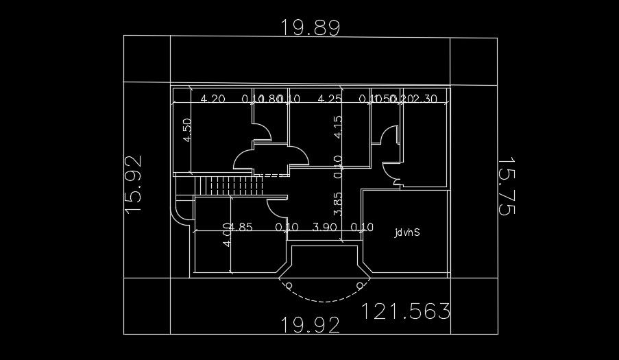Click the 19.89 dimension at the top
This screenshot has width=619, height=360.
point(310,27)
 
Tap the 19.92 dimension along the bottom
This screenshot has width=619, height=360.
point(311,324)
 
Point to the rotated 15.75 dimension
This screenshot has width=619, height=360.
point(505,187)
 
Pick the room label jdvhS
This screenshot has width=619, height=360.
point(406,232)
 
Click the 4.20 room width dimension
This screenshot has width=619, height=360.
point(213,99)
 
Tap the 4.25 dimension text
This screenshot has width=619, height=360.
point(330,99)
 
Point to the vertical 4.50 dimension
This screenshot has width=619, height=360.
point(187,130)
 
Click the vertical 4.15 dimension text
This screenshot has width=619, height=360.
point(337,128)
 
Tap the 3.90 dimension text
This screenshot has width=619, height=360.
point(324,227)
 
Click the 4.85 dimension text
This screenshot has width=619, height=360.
point(241,227)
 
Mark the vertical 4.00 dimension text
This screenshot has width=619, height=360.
point(227,236)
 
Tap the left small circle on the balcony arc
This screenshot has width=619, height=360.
point(289,285)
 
